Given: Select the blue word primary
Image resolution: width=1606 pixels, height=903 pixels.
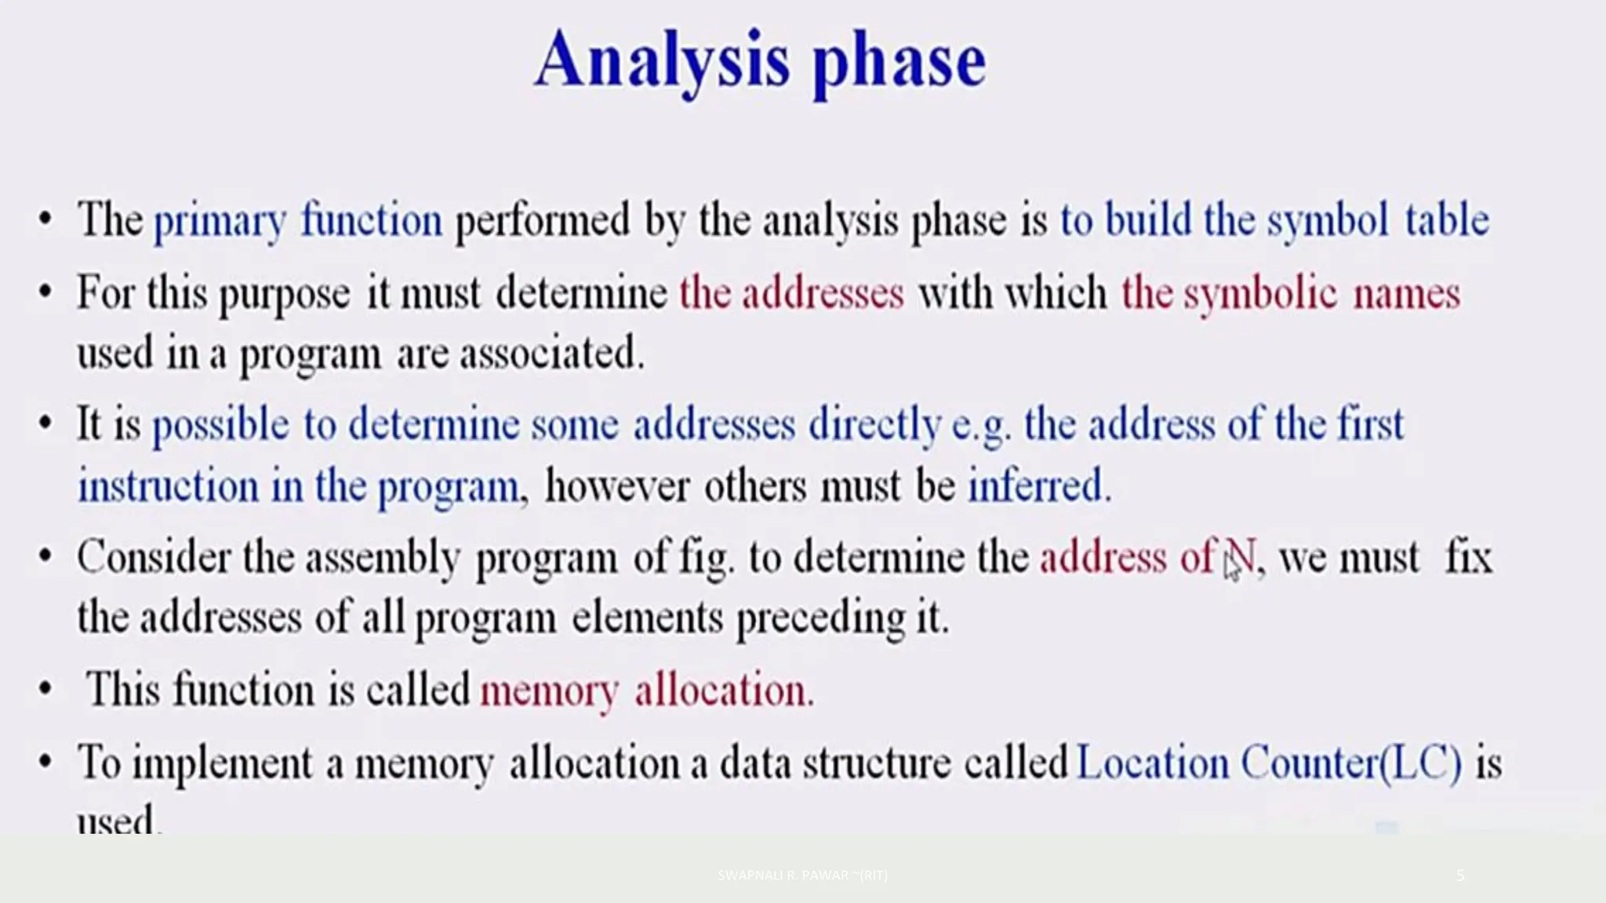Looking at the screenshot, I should pos(220,221).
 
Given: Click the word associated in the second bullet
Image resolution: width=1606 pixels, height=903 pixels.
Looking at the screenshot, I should pos(551,354).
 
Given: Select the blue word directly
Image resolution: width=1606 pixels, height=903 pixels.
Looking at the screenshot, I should pos(874,425).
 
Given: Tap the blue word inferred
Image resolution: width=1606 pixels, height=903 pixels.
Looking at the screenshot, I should pos(1038,485).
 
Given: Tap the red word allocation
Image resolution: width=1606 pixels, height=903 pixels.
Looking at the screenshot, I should pos(725,690).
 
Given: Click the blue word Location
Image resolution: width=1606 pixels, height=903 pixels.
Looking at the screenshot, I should pos(1153,763).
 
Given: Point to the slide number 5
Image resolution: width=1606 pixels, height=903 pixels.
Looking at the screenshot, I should pos(1459,875).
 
